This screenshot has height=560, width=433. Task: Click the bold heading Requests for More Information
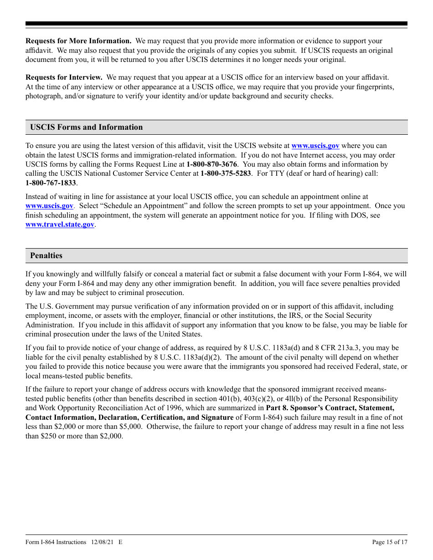[78, 41]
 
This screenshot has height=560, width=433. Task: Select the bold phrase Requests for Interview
[64, 78]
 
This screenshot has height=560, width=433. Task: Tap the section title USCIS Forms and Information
[86, 127]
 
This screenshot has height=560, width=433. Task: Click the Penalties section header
[46, 255]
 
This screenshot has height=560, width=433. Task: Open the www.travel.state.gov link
[60, 224]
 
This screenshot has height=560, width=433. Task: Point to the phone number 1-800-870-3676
[211, 164]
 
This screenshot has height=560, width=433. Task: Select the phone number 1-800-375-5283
[226, 173]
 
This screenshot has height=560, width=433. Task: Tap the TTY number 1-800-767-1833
[51, 183]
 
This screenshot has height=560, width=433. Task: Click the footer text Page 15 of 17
[390, 542]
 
